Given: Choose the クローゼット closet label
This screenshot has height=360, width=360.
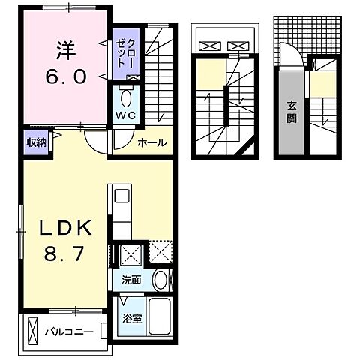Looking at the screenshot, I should (123, 55).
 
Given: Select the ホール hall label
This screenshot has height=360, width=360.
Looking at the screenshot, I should (151, 142).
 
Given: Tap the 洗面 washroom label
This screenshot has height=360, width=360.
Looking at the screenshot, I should (131, 280).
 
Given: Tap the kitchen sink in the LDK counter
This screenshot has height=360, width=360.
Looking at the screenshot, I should (121, 197).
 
